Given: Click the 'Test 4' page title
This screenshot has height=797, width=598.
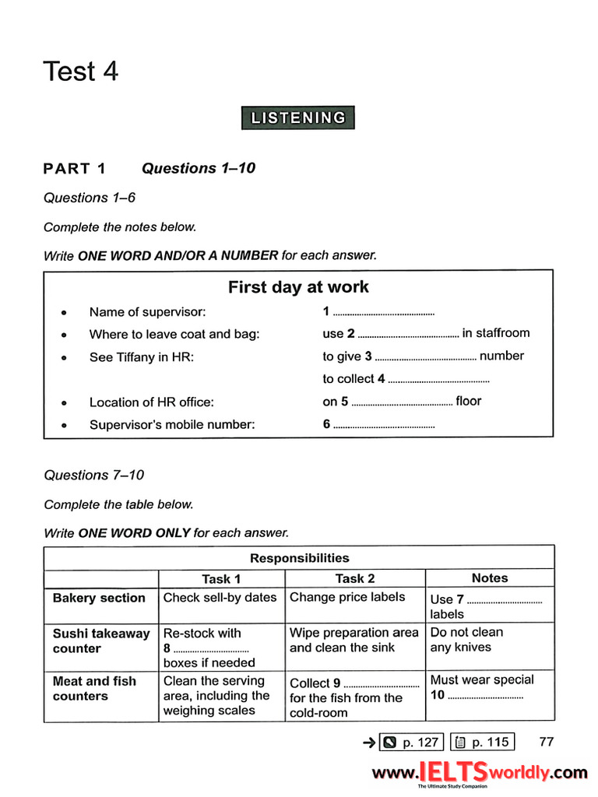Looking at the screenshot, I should pyautogui.click(x=81, y=72).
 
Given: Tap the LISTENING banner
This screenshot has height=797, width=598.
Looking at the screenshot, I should pyautogui.click(x=298, y=118).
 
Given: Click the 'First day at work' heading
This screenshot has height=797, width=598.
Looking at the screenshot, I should pyautogui.click(x=298, y=287).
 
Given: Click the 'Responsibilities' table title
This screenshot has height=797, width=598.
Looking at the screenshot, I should pyautogui.click(x=299, y=558).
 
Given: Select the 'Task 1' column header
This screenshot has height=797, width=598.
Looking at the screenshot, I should pyautogui.click(x=221, y=579).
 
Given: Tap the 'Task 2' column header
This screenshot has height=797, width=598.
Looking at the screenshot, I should pyautogui.click(x=355, y=578).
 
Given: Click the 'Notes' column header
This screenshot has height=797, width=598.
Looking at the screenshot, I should pyautogui.click(x=490, y=578).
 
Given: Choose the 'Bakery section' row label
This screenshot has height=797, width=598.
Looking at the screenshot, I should pyautogui.click(x=99, y=598).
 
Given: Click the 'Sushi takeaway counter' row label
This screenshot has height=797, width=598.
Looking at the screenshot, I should pyautogui.click(x=100, y=641).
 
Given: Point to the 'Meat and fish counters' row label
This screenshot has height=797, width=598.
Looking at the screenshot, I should pyautogui.click(x=94, y=689).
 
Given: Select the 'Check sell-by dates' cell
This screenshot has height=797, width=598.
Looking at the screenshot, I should pyautogui.click(x=220, y=598).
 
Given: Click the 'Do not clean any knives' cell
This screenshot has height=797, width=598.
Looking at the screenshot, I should pyautogui.click(x=467, y=640).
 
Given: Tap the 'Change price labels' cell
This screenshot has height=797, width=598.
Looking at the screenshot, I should pyautogui.click(x=347, y=597).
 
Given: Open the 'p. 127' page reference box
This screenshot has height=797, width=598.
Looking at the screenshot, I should pyautogui.click(x=412, y=742).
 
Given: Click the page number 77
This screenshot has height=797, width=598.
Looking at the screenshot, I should pyautogui.click(x=547, y=742).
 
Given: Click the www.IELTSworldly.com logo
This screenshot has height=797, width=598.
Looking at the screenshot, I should pyautogui.click(x=479, y=772).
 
